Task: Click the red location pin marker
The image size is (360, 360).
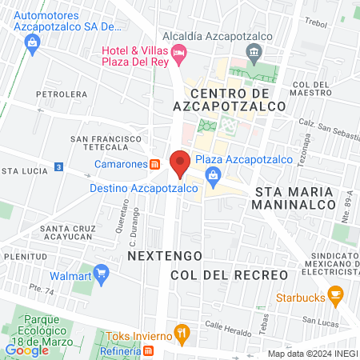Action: (x=179, y=163)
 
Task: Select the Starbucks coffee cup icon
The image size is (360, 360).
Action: (x=336, y=296)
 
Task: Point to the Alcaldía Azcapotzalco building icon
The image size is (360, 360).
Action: (x=255, y=54)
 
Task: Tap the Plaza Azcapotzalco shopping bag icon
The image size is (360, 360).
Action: (x=213, y=174)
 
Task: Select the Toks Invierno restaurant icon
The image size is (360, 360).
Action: (x=182, y=332)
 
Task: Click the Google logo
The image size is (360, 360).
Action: (x=27, y=350)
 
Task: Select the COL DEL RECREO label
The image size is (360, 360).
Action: (x=229, y=274)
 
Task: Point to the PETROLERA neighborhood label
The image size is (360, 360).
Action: (x=66, y=94)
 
